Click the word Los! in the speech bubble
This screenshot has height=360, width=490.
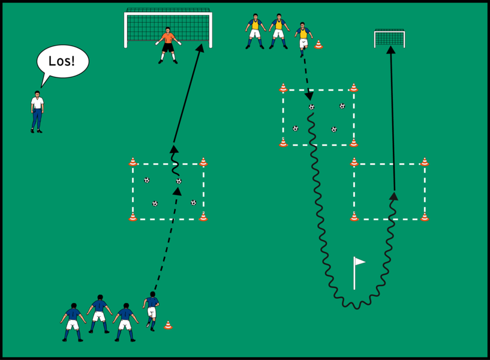pos(63,61)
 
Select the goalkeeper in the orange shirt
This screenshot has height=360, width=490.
pos(168,44)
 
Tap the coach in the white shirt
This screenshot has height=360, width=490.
pos(37,112)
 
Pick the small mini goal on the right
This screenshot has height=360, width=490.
pos(389,38)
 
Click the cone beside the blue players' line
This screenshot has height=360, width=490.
pos(168,325)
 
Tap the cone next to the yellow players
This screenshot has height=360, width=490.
pos(318,44)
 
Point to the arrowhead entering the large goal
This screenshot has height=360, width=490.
pos(200,47)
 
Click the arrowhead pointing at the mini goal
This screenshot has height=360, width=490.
pos(390,50)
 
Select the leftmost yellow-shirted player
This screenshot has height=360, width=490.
pos(255,30)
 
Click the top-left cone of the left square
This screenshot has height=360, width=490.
pos(133,162)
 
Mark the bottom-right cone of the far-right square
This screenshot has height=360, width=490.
pos(425,217)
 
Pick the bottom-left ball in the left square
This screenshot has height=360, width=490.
pos(155,203)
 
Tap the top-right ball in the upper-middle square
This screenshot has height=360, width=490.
pos(342,106)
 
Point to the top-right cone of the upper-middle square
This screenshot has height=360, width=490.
pos(354,88)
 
